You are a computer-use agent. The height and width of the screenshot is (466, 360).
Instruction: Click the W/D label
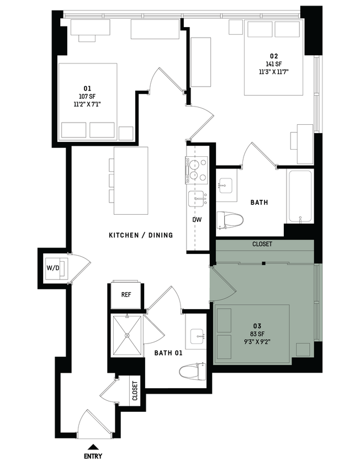tap(52, 269)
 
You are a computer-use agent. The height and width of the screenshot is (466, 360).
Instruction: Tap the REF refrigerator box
tap(126, 295)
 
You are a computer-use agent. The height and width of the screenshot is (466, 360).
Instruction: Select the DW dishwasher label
tap(197, 220)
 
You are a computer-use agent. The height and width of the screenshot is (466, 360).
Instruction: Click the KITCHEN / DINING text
tap(141, 235)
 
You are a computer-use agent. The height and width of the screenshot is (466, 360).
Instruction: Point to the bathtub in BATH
tap(299, 196)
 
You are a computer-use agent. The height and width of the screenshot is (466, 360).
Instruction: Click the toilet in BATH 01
tap(194, 370)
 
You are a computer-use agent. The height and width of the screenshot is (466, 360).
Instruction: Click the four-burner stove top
tap(195, 170)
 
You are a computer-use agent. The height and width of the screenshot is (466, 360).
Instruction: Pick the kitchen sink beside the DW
tap(196, 198)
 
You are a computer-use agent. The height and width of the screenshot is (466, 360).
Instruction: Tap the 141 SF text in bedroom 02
tap(274, 63)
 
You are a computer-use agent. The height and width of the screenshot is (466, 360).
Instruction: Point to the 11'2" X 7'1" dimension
tap(87, 103)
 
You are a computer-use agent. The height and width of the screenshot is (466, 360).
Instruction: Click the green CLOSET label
tap(262, 243)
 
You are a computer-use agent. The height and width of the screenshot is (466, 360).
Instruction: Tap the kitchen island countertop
tap(131, 181)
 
